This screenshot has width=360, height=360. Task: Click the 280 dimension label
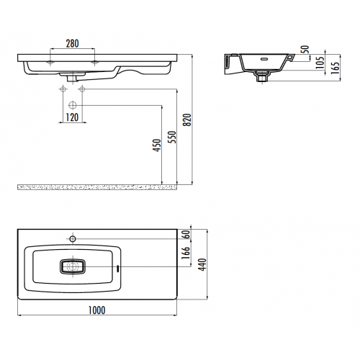[x=72, y=43]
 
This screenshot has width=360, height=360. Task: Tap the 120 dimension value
[x=72, y=117]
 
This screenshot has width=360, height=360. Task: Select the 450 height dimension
[x=157, y=145]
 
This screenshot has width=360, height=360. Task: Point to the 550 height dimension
[x=172, y=137]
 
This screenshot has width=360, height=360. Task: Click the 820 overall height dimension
[x=187, y=120]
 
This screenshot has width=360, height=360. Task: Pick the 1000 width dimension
[x=97, y=310]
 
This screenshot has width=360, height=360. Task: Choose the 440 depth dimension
[x=202, y=264]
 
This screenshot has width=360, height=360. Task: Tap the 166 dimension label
[x=186, y=253]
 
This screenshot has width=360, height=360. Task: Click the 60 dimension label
[x=186, y=234]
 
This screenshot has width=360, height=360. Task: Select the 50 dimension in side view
[x=305, y=49]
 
